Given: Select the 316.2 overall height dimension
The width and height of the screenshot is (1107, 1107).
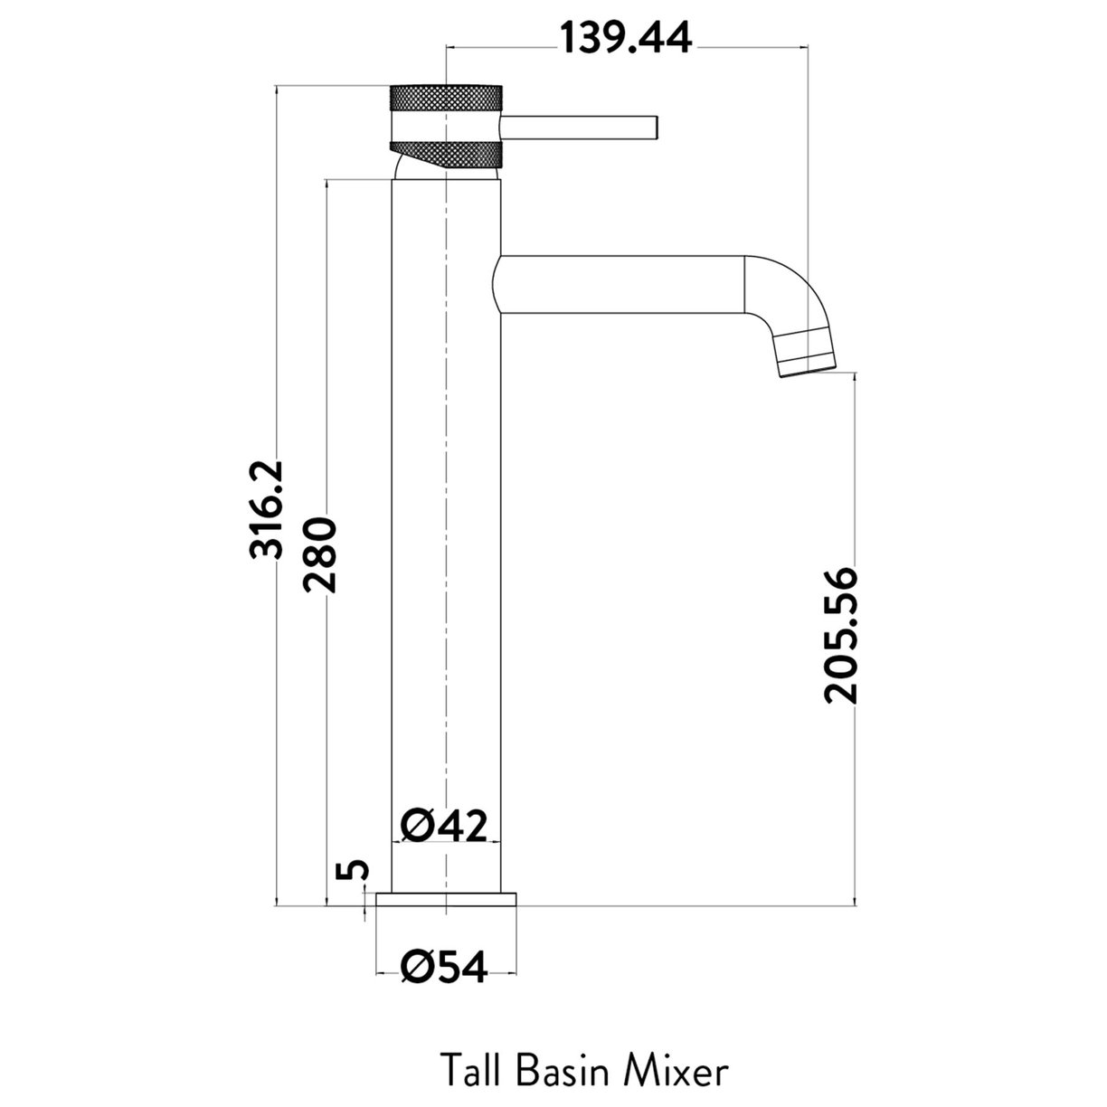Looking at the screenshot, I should (x=268, y=509).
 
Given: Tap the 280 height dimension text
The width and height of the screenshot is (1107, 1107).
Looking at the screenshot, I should (x=320, y=554).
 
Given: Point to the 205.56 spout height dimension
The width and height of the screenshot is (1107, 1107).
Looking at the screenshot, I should (x=839, y=634).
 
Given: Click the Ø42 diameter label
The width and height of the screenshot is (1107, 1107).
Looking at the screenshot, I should (x=444, y=825).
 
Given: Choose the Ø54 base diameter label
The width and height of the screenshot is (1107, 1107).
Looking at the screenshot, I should (x=444, y=968).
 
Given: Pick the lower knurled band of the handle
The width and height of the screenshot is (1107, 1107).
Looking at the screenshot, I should (x=444, y=155).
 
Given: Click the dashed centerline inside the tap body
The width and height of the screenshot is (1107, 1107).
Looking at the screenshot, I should (x=447, y=543).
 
